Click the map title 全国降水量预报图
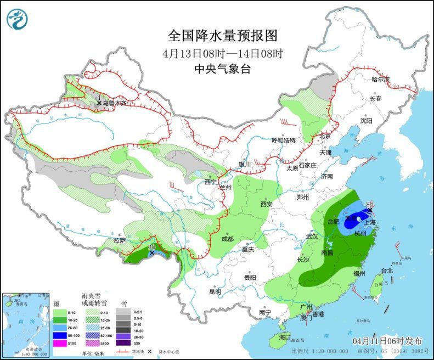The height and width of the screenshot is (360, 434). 222,36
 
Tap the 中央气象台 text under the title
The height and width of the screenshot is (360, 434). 222,69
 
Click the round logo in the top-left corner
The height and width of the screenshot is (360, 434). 17,19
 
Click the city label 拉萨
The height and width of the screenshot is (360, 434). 120,241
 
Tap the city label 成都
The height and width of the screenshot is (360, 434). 227,239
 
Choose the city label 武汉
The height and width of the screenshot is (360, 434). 312,237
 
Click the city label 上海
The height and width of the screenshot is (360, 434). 369,222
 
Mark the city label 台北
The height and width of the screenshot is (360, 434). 386,271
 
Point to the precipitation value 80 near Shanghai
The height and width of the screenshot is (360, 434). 369,204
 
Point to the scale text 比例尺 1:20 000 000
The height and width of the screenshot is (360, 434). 320,351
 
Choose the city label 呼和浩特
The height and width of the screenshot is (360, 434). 284,140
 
